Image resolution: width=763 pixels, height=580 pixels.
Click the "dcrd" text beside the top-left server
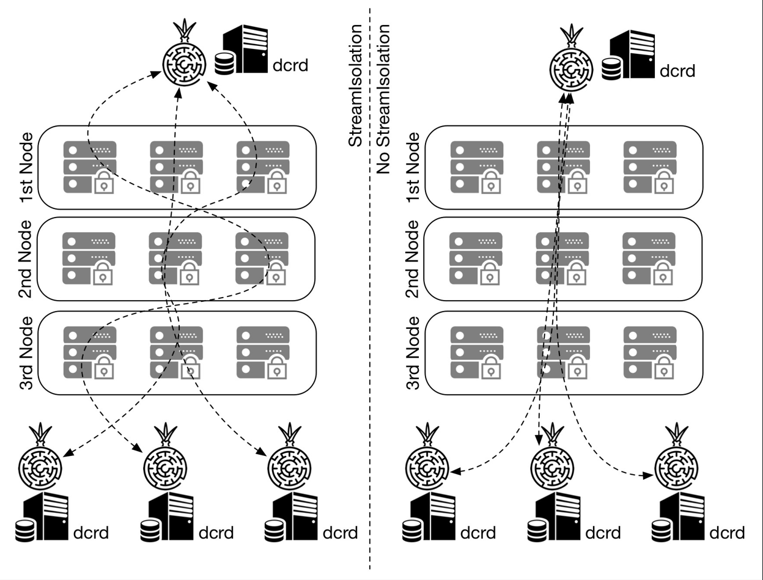[x=290, y=64]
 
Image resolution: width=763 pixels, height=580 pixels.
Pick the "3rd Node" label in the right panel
[x=413, y=353]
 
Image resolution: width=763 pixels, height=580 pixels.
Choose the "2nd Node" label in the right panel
[x=413, y=259]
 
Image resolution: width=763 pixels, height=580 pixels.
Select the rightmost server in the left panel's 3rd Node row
[x=262, y=351]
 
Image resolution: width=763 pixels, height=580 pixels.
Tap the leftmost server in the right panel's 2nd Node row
[x=476, y=258]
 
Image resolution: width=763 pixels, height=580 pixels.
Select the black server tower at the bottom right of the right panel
[x=682, y=516]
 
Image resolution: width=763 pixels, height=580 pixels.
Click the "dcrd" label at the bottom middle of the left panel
[x=216, y=533]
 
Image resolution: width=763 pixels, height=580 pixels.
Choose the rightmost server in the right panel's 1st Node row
[x=649, y=167]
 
